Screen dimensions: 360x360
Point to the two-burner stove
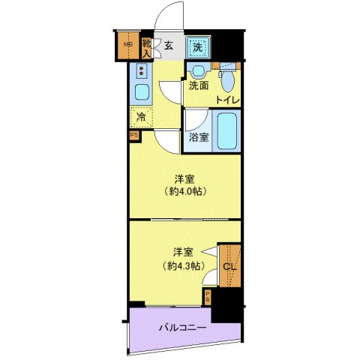(140, 72)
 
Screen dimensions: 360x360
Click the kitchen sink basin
(140, 94)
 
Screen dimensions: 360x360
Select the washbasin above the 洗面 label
(198, 72)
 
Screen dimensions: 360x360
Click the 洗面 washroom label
(198, 86)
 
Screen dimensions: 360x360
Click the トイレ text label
(227, 100)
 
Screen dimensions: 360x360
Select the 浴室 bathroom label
(198, 137)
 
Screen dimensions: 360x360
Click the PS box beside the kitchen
(133, 136)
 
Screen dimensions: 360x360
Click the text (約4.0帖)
(184, 191)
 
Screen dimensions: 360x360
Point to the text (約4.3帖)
(184, 265)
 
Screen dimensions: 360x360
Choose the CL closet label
(230, 266)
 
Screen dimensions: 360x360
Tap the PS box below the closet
(207, 297)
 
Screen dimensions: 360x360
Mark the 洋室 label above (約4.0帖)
(184, 178)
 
